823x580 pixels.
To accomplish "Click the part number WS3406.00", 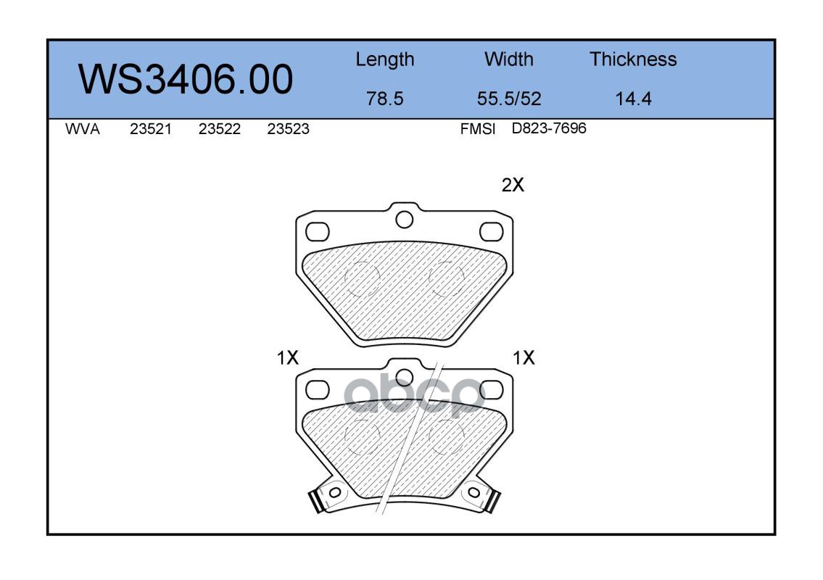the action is point(186,79).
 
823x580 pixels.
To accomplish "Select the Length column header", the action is point(385,59).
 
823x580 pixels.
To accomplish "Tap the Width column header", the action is point(508,59).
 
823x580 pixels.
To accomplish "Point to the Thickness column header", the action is point(633,59).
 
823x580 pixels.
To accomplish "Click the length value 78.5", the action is point(385,98).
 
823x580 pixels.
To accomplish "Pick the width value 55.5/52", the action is point(508,98).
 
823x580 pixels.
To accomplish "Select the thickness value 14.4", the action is point(633,98).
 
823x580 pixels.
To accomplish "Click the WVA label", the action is point(83,129).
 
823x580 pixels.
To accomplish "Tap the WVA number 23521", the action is point(151,129).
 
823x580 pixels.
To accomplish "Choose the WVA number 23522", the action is point(220,129).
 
